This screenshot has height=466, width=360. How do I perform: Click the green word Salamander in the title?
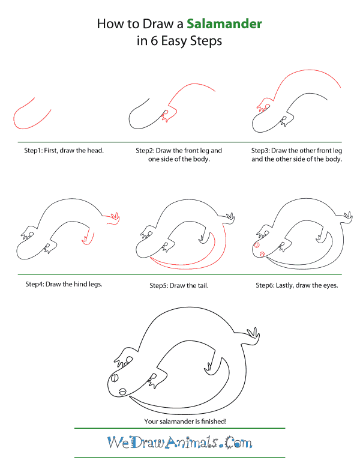click(224, 25)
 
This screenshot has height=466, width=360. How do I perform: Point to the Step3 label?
click(263, 150)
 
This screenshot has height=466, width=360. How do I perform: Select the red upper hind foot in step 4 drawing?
click(114, 220)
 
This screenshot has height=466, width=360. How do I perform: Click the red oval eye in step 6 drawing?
click(256, 246)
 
